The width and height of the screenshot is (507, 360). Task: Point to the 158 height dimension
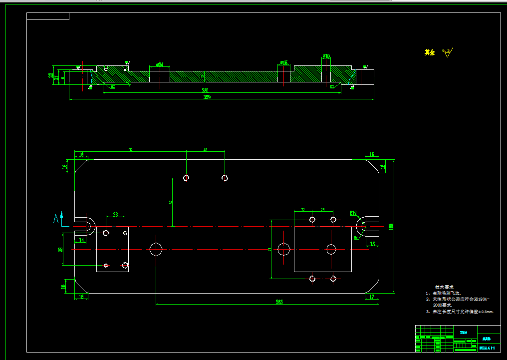coord(391,226)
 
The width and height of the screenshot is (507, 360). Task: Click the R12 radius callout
coord(353,213)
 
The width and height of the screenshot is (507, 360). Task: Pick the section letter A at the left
coord(56,217)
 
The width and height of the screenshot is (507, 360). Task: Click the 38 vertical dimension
coord(60,249)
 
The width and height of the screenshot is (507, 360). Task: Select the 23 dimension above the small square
coord(115,215)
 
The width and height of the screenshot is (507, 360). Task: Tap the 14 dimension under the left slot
coord(81,240)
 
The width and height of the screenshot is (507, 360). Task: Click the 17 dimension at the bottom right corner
coord(372,297)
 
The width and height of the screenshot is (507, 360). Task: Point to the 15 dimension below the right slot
coord(372,244)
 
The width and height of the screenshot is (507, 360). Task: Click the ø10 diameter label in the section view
coord(326,56)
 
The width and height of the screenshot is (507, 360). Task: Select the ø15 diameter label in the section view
coord(283,63)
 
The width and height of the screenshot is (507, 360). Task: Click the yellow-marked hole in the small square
coord(125,233)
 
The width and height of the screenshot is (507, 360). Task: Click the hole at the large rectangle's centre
coord(331,249)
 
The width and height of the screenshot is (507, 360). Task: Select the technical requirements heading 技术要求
coord(444,287)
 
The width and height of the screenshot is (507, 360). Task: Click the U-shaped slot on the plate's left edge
coord(85,226)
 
